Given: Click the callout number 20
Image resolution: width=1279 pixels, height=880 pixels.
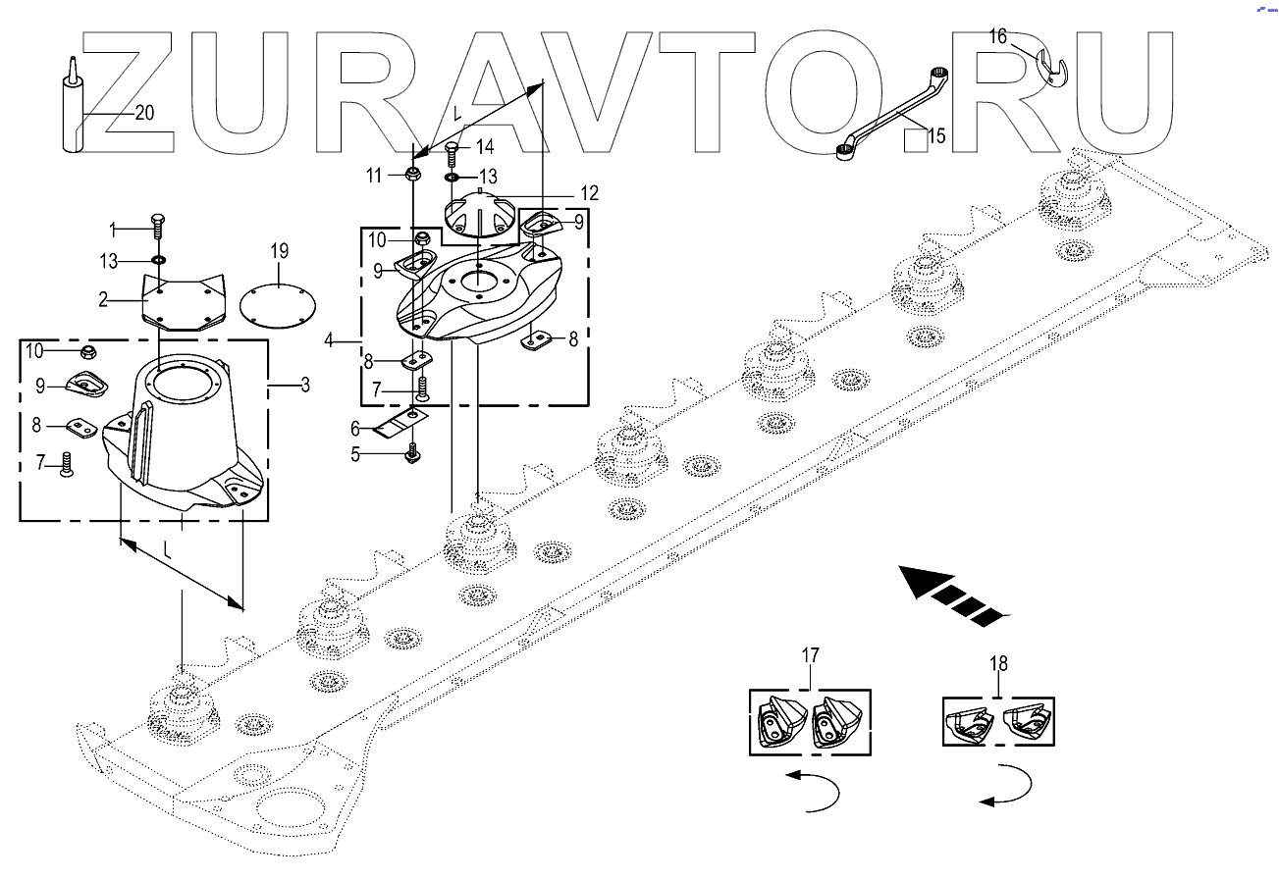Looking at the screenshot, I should click(144, 113).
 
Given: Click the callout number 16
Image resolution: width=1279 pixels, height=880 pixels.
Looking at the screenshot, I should click(997, 37).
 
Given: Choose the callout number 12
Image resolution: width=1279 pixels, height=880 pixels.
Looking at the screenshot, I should click(588, 193).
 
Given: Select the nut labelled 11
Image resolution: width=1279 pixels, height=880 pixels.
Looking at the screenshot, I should click(413, 177).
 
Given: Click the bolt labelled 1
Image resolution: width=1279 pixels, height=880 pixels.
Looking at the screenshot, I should click(157, 225).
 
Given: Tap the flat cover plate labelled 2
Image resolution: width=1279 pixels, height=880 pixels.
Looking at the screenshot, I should click(183, 299).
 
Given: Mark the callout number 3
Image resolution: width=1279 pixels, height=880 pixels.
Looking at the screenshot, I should click(305, 386).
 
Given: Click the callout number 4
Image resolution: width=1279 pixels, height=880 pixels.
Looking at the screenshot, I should click(330, 340).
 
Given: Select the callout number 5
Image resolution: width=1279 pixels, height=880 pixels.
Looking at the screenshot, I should click(356, 454).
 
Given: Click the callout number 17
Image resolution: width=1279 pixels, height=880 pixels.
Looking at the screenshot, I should click(810, 654).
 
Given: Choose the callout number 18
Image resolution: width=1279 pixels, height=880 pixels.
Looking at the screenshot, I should click(998, 663).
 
